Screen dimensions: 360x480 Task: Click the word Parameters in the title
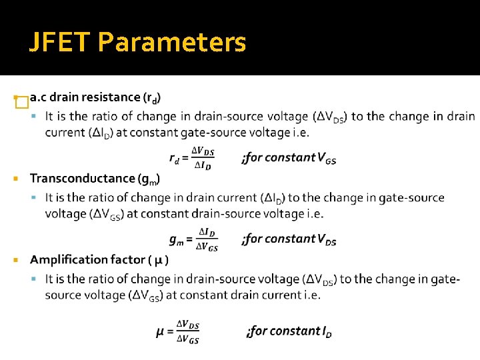click(172, 43)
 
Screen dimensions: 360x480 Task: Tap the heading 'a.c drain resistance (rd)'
click(95, 97)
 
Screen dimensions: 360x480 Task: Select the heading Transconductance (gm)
click(95, 179)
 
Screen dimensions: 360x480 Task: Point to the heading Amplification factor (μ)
click(99, 259)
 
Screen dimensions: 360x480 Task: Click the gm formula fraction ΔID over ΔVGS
click(207, 239)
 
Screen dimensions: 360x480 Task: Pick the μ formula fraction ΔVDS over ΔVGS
click(187, 332)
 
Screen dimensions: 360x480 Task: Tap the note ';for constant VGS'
click(289, 158)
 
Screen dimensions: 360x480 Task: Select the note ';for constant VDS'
click(289, 239)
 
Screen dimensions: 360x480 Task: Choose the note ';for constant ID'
click(289, 331)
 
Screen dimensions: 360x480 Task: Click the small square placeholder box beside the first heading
click(21, 102)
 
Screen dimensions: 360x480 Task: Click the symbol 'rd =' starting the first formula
click(178, 159)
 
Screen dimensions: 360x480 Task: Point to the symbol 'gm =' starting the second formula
click(181, 239)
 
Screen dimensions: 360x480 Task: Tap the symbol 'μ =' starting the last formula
click(164, 331)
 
